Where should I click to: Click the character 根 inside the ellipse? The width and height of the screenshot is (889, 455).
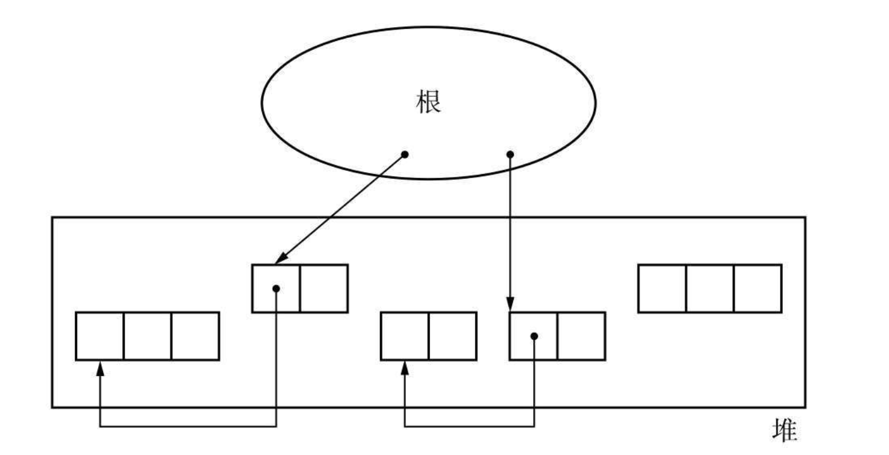tap(429, 103)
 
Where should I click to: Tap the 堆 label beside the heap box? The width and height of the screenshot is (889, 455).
tap(785, 431)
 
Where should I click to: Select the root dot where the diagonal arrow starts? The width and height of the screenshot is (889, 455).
tap(405, 155)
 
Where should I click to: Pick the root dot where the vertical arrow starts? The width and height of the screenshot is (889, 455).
tap(510, 155)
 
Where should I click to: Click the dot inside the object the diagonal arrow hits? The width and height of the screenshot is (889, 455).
tap(276, 289)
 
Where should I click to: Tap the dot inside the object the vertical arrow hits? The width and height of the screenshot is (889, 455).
tap(534, 336)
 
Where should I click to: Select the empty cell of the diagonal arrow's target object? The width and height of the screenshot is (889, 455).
tap(323, 288)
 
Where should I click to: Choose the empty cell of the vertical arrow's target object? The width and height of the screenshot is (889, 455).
tap(581, 336)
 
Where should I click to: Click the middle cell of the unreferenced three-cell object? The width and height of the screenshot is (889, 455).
tap(710, 288)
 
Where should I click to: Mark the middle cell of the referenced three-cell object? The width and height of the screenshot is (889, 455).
tap(148, 336)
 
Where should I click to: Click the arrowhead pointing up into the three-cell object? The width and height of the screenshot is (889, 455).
tap(101, 368)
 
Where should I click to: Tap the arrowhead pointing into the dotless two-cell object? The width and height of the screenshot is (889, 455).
tap(405, 368)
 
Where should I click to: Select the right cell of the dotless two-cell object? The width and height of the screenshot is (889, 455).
tap(452, 336)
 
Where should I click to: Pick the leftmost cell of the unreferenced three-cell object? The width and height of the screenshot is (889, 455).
tap(663, 288)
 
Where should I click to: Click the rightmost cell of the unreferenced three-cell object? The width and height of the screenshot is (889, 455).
tap(758, 288)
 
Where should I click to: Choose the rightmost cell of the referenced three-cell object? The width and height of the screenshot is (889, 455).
tap(195, 336)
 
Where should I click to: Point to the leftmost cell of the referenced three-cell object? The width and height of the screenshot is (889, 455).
tap(100, 336)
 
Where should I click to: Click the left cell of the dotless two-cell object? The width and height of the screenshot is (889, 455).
tap(405, 336)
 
